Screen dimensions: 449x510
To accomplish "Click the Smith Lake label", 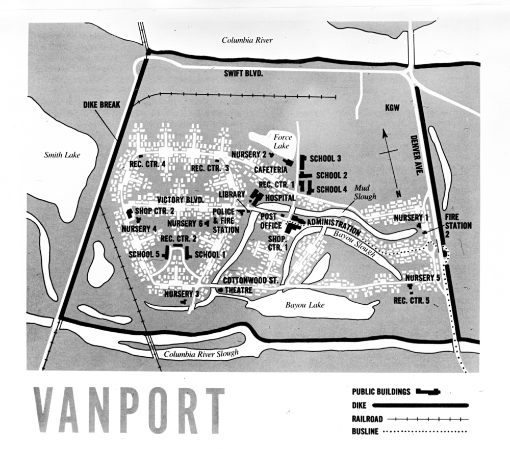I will [x=63, y=154].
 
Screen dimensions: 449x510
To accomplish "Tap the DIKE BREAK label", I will [x=101, y=105].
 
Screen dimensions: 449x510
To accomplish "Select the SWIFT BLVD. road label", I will [x=243, y=73].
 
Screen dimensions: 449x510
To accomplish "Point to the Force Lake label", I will [x=282, y=142].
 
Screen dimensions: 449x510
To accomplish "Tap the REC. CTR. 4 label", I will [x=147, y=164].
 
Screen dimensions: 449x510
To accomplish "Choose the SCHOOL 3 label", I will [x=325, y=159].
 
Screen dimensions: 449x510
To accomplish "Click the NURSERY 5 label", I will [x=423, y=278].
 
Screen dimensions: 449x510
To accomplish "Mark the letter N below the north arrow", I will [x=398, y=194].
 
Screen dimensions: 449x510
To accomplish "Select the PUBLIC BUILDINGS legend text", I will [x=381, y=392].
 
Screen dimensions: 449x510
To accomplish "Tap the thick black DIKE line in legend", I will [x=420, y=406].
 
